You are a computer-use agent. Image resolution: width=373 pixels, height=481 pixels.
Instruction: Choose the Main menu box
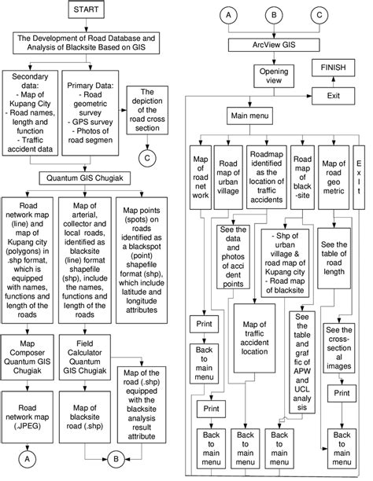click(249, 116)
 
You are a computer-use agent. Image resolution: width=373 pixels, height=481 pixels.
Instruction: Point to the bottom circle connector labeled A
click(28, 454)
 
